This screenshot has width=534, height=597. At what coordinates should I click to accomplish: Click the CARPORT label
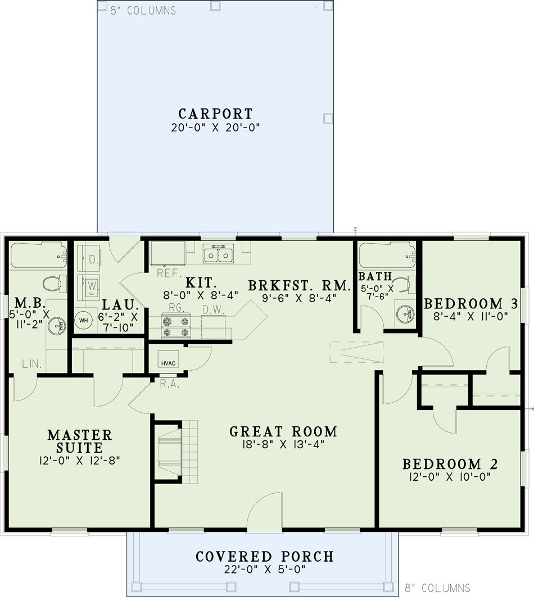216,113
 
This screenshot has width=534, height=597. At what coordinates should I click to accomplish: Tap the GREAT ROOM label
283,431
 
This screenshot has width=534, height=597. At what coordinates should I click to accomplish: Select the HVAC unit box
168,363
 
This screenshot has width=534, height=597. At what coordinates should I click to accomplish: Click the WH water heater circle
83,320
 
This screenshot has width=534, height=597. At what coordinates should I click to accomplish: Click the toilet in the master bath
52,283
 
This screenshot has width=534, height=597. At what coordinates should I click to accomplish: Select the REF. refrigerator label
168,274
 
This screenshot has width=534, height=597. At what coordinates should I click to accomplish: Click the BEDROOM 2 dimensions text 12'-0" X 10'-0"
450,477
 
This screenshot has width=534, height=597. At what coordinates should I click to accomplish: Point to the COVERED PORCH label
264,557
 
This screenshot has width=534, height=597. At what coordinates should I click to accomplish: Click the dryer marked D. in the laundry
91,259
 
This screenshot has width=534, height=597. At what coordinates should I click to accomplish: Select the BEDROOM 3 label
470,304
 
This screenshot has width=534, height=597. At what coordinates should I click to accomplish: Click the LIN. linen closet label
32,364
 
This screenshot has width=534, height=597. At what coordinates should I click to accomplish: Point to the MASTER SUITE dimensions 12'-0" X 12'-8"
80,461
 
